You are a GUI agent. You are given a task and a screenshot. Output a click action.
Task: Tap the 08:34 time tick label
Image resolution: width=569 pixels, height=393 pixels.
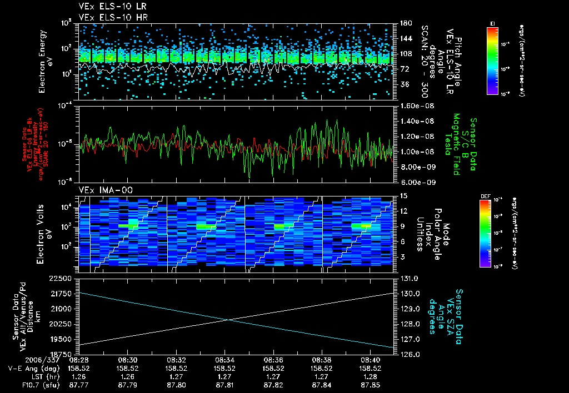pos(224,360)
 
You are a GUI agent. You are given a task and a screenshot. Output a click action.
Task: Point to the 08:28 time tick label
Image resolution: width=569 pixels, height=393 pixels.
pos(79,360)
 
